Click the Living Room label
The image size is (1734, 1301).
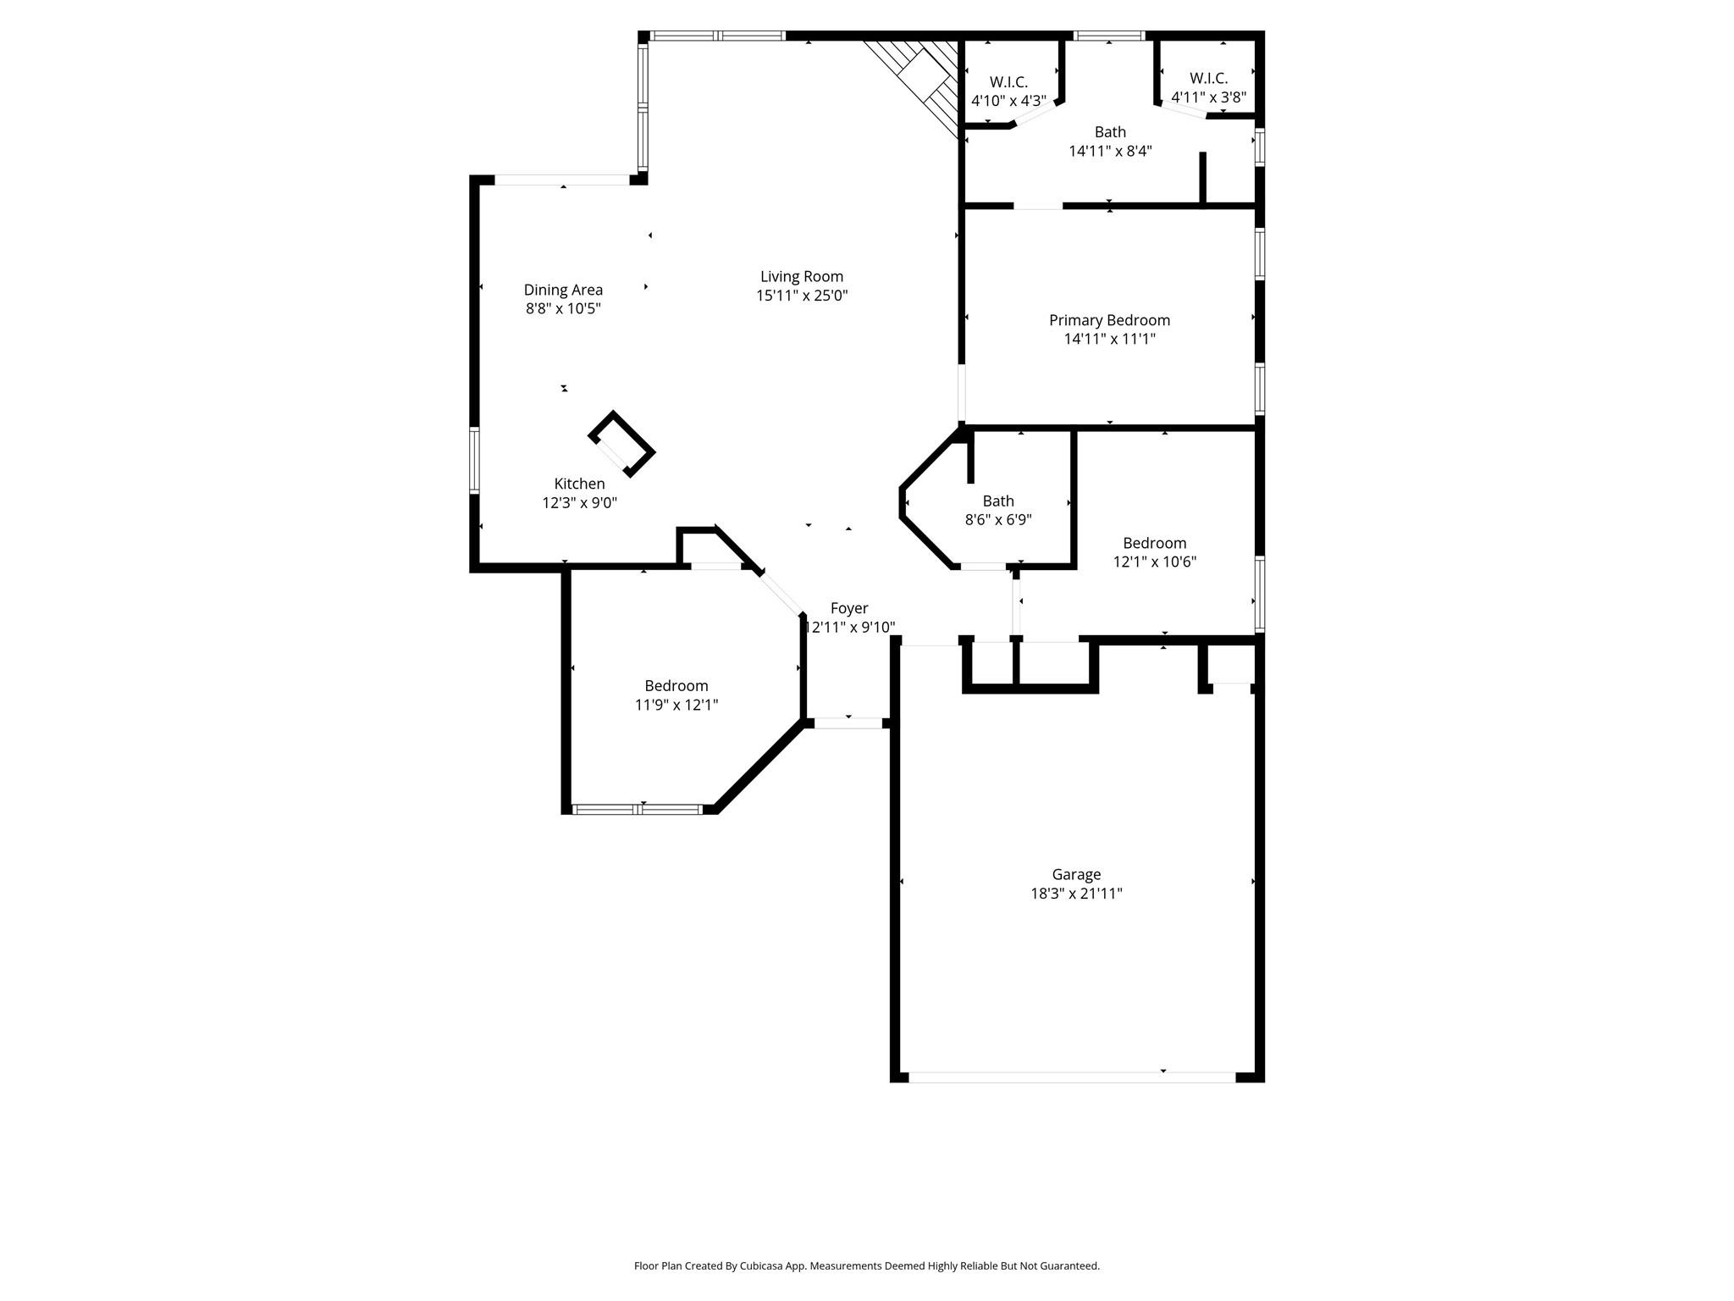[x=801, y=276]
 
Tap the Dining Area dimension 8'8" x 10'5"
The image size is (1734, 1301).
[x=563, y=309]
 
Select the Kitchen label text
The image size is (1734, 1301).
[x=579, y=484]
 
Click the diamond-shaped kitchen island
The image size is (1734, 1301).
[x=622, y=445]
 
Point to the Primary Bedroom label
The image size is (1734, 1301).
[x=1109, y=320]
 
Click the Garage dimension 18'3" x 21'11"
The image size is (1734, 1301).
[x=1076, y=893]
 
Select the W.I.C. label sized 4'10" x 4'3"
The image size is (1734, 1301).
[x=1008, y=82]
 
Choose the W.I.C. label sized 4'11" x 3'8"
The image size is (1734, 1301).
[x=1208, y=78]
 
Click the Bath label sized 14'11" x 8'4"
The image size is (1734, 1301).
[x=1110, y=132]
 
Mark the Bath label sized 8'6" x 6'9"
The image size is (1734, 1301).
[x=998, y=501]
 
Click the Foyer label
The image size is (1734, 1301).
[x=849, y=608]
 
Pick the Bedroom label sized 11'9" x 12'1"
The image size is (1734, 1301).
[x=676, y=686]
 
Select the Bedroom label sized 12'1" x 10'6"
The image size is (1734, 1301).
[x=1154, y=543]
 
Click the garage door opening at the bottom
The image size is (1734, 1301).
[x=1071, y=1077]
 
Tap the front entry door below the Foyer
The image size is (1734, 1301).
[x=848, y=723]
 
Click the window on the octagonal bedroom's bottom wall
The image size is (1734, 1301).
[x=638, y=810]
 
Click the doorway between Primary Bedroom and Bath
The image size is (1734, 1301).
[x=1038, y=206]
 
